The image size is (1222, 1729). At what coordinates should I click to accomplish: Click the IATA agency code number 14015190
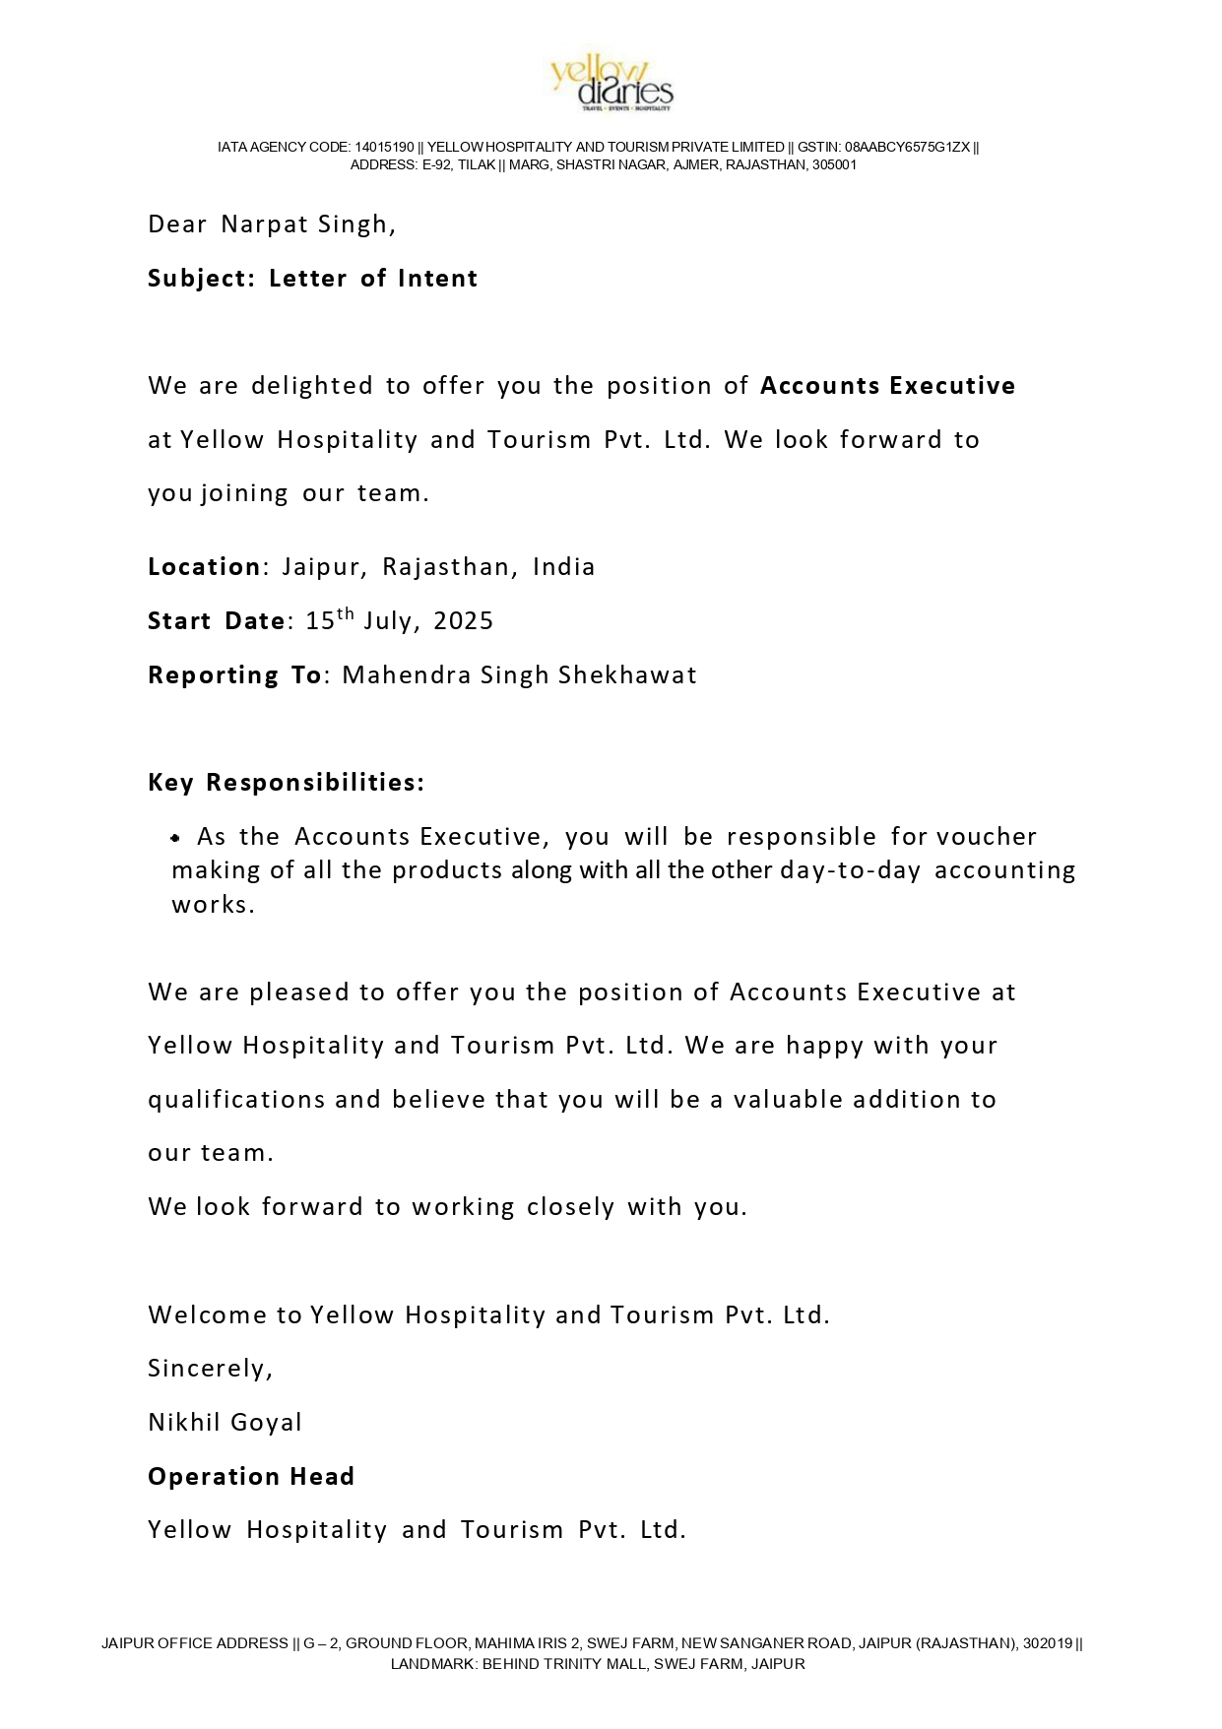[384, 148]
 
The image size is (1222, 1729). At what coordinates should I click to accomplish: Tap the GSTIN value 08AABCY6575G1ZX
[907, 148]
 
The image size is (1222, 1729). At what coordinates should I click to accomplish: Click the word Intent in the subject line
[438, 279]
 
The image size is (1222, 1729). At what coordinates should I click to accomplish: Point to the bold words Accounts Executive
[887, 386]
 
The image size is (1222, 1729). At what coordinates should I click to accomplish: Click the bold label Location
[204, 567]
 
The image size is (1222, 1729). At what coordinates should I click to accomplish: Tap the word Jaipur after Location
[325, 568]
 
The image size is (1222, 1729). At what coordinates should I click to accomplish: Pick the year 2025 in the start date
[463, 621]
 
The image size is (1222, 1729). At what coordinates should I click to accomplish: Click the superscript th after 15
[346, 613]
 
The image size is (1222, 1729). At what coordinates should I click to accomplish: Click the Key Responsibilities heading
[286, 783]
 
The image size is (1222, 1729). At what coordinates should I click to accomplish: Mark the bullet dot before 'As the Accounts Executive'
[175, 838]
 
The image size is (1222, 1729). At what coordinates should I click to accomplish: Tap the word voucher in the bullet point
[987, 837]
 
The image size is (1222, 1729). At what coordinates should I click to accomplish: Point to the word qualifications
[236, 1100]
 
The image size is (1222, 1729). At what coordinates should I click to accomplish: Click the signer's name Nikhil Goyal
[225, 1423]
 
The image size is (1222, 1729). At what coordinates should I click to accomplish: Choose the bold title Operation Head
[251, 1477]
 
